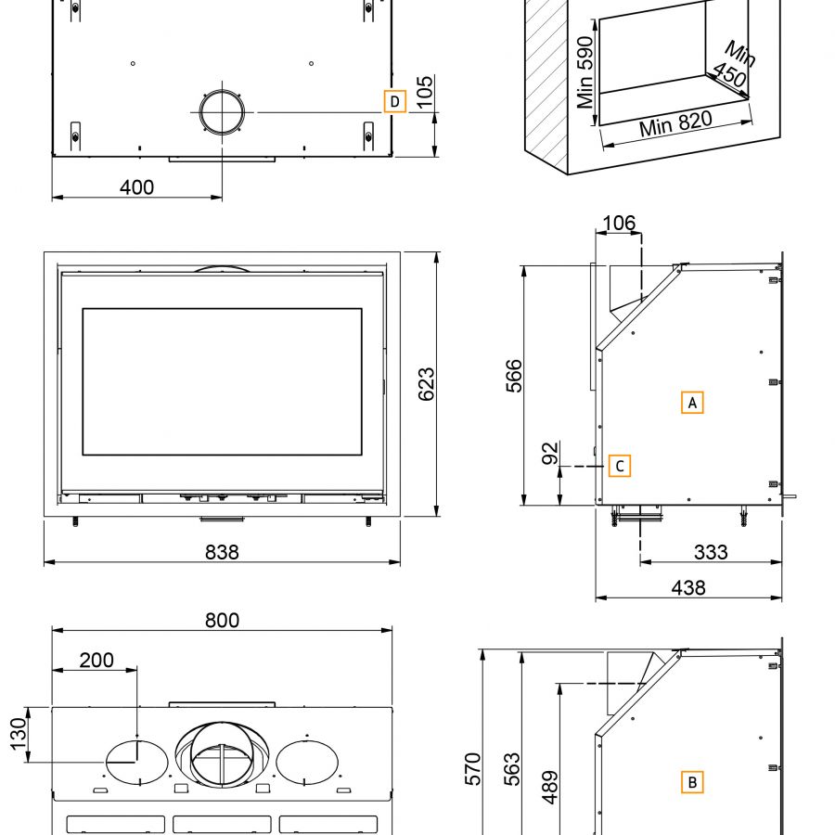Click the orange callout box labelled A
point(691,403)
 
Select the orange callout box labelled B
point(691,782)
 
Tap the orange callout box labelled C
point(620,466)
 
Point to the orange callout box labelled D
point(394,100)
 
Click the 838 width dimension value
point(222,552)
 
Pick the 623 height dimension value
point(426,384)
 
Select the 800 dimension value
point(222,620)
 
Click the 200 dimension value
point(96,660)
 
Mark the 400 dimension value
point(137,186)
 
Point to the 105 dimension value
point(424,93)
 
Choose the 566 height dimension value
point(515,376)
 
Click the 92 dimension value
point(550,454)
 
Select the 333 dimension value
point(711,552)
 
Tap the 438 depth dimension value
point(687,587)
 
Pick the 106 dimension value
point(619,223)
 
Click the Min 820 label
point(674,122)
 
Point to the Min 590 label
point(585,73)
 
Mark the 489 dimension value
point(548,787)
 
